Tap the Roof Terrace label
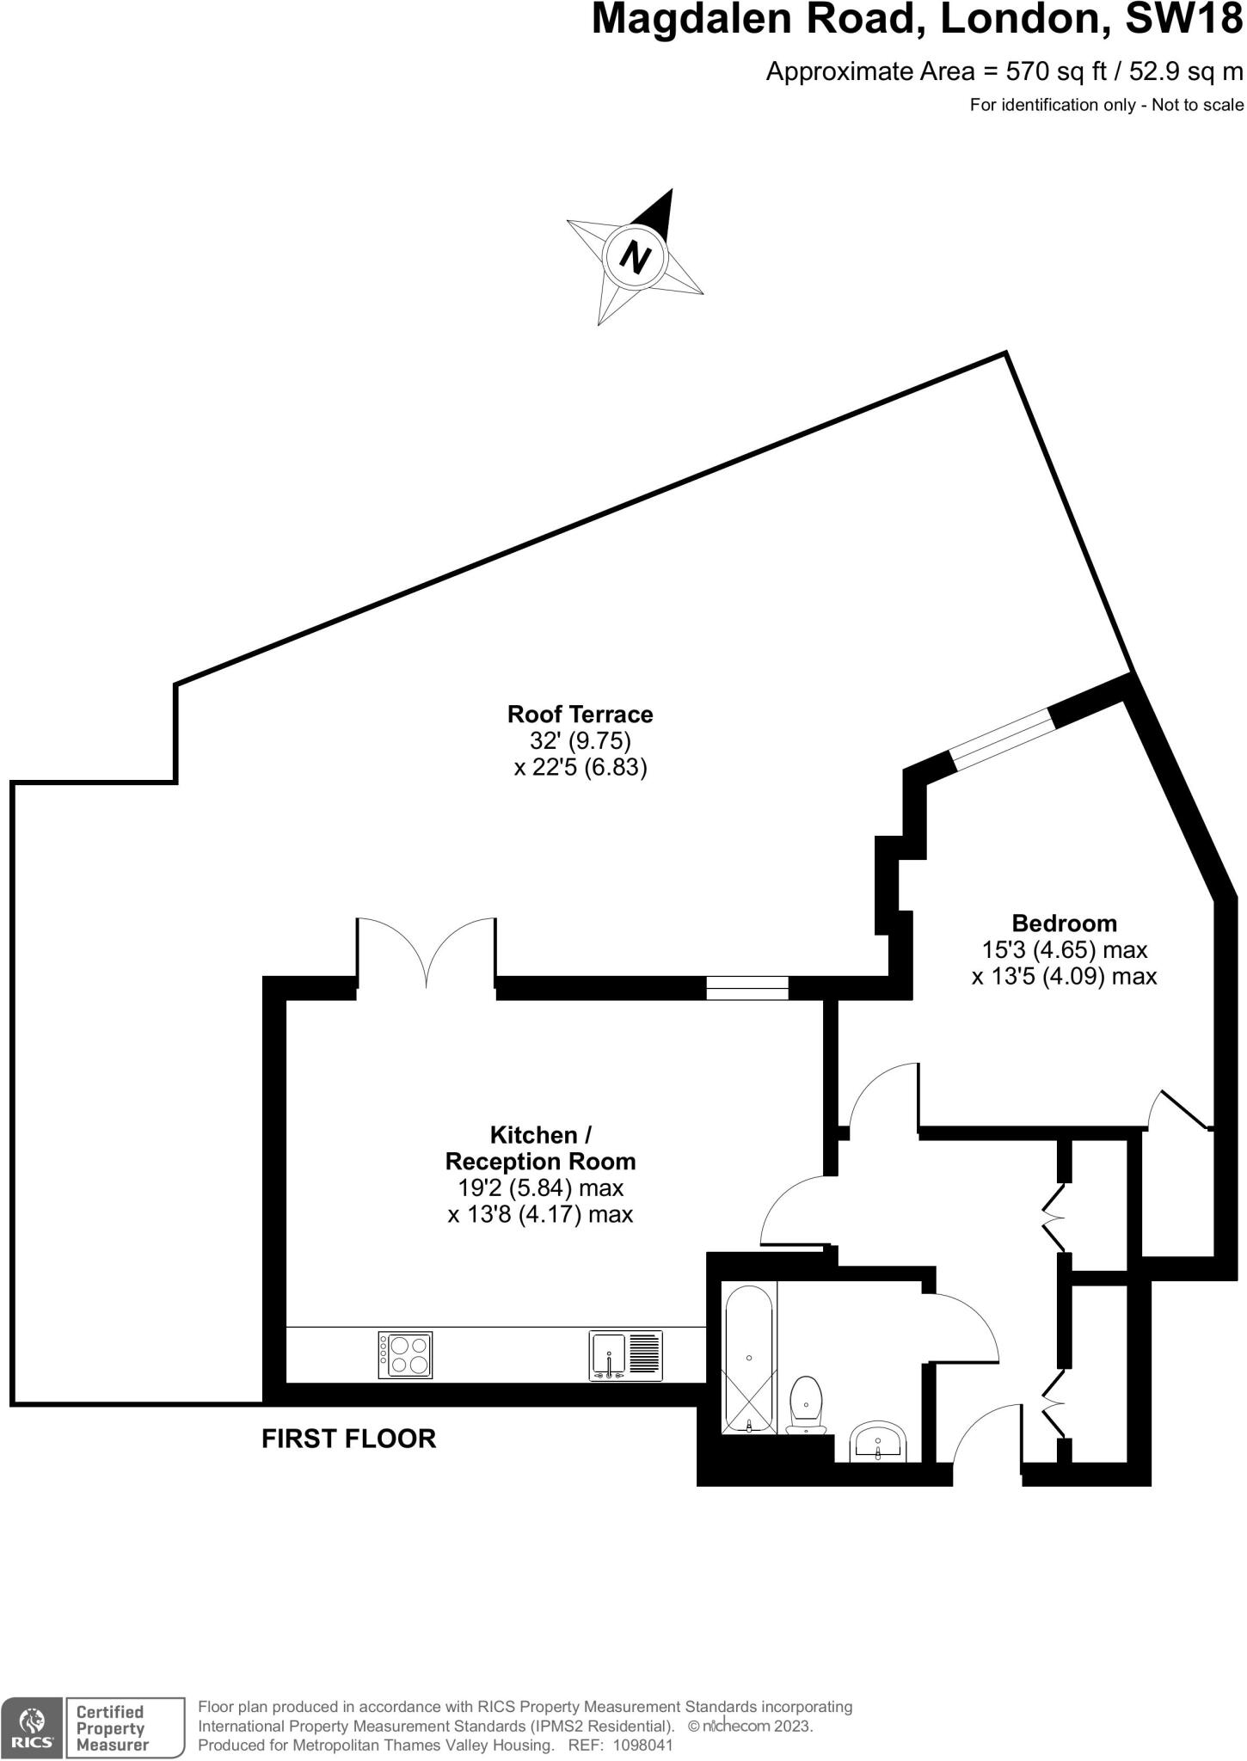580,714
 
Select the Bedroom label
1064,923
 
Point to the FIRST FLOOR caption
348,1439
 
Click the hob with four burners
405,1356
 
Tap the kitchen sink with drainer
625,1357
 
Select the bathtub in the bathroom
750,1358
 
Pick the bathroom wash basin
877,1440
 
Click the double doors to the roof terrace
427,954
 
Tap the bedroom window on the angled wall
1001,739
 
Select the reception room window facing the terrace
747,988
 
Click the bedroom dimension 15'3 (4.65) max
1064,950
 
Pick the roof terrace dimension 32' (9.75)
580,740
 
